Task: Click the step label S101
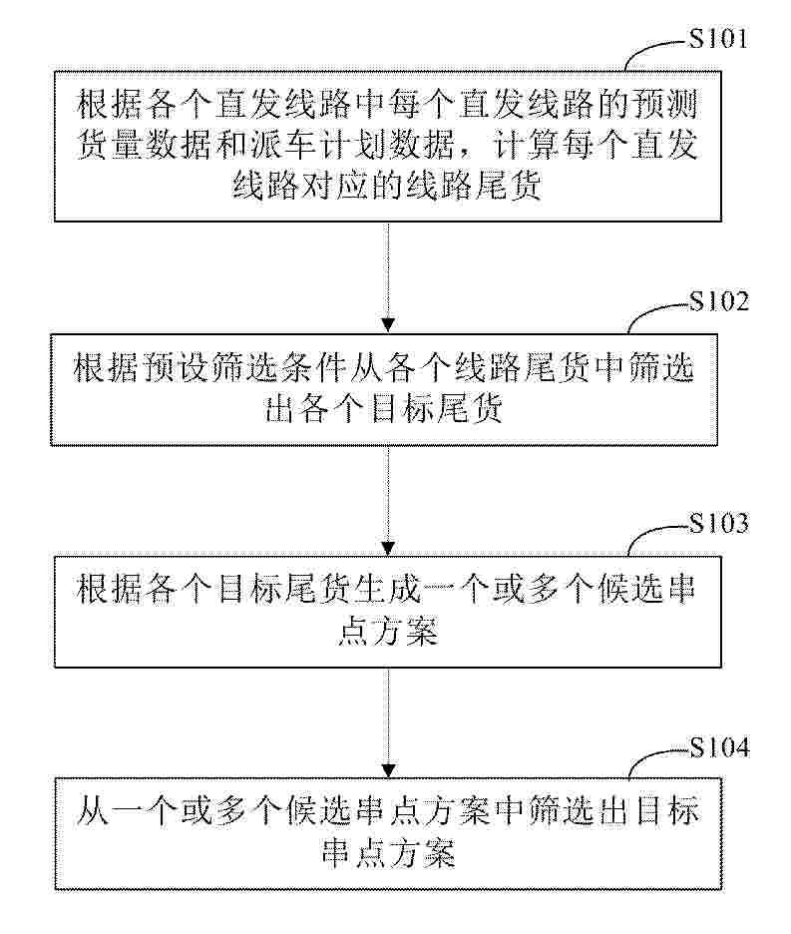pyautogui.click(x=717, y=39)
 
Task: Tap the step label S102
pyautogui.click(x=718, y=301)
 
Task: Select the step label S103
pyautogui.click(x=718, y=523)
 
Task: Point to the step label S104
pyautogui.click(x=719, y=747)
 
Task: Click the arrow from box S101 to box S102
pyautogui.click(x=388, y=277)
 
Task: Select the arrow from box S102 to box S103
pyautogui.click(x=388, y=501)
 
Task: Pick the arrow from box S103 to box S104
pyautogui.click(x=388, y=722)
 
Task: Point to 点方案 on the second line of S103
pyautogui.click(x=388, y=632)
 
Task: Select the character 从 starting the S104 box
pyautogui.click(x=94, y=811)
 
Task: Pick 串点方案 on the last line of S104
pyautogui.click(x=388, y=853)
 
